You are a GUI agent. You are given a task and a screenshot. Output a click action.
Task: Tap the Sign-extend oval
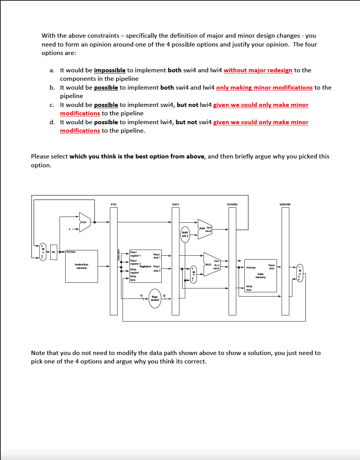(x=155, y=298)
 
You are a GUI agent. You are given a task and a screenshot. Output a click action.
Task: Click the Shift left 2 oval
(x=185, y=234)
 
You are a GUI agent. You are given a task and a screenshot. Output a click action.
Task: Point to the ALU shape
(x=211, y=264)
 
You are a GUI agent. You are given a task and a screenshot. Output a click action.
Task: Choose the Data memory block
(x=260, y=275)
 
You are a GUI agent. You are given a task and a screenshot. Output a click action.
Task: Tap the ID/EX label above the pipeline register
(x=176, y=204)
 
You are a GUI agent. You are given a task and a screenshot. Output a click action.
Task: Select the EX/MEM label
(x=232, y=204)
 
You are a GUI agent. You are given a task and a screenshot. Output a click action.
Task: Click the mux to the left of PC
(x=43, y=252)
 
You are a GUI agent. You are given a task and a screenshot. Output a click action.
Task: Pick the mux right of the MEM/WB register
(x=300, y=273)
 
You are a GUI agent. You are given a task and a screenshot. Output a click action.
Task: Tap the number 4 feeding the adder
(x=70, y=230)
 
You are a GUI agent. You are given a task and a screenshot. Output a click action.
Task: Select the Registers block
(x=144, y=267)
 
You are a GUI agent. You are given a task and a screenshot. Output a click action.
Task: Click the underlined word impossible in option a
(x=109, y=70)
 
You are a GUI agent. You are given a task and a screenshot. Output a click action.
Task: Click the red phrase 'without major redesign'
(x=258, y=70)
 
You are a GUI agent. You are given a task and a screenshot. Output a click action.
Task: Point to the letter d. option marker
(x=52, y=122)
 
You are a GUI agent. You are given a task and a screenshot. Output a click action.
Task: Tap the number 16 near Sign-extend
(x=141, y=295)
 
